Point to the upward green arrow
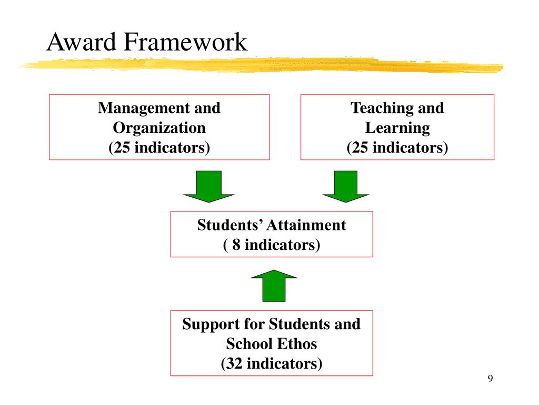(x=274, y=285)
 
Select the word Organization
(x=159, y=128)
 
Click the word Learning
(x=397, y=128)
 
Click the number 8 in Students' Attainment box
(x=236, y=245)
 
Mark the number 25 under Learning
(x=360, y=148)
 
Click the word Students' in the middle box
(x=229, y=225)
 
